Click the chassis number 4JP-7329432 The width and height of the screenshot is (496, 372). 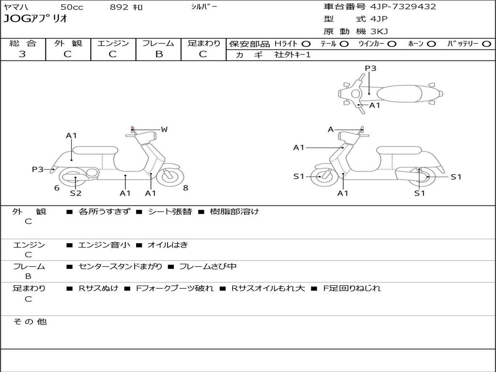[x=403, y=7]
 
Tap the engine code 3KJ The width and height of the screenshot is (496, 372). [x=379, y=31]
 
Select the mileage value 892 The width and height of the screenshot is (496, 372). [x=119, y=7]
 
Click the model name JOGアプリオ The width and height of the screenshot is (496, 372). [x=35, y=19]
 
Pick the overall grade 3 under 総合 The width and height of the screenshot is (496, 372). [x=22, y=54]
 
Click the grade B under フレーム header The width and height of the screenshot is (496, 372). [x=159, y=54]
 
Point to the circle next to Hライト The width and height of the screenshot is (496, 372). [x=306, y=44]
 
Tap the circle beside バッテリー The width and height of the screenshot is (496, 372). [x=486, y=44]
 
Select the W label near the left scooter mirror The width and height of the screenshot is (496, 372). [x=164, y=129]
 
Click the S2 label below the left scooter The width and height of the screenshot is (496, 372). [x=76, y=193]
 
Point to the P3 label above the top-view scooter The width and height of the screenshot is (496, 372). [x=371, y=68]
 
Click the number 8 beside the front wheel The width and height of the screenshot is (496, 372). [x=186, y=188]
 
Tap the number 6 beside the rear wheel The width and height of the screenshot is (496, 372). [x=57, y=188]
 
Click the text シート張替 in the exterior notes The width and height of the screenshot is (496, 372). [x=170, y=212]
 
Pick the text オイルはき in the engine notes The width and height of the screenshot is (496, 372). [x=168, y=245]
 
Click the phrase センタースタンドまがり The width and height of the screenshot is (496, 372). [x=120, y=267]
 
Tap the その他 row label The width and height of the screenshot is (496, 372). [x=30, y=322]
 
